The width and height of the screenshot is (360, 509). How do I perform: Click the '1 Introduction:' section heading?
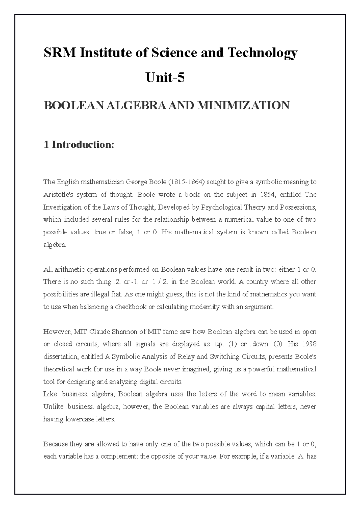(x=79, y=145)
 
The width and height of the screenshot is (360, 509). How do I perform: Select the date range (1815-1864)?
(x=186, y=182)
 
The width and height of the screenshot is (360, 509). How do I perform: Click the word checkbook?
(x=131, y=307)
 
